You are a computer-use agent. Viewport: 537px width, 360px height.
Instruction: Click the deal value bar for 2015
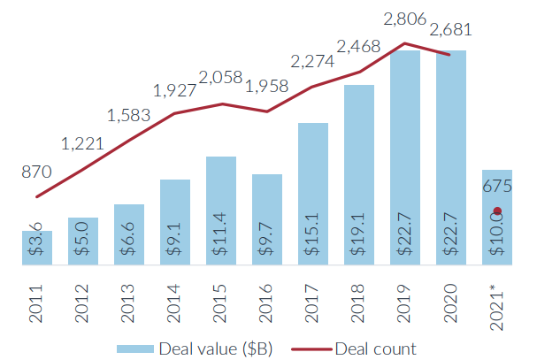pyautogui.click(x=221, y=211)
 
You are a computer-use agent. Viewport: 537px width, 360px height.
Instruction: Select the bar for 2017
pyautogui.click(x=313, y=193)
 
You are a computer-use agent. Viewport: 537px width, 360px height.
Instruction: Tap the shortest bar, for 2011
pyautogui.click(x=37, y=247)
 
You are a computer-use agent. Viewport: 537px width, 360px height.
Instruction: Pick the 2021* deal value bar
pyautogui.click(x=497, y=217)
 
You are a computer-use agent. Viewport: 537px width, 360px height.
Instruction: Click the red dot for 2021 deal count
pyautogui.click(x=497, y=211)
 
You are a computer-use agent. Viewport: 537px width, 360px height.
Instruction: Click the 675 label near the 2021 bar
pyautogui.click(x=497, y=186)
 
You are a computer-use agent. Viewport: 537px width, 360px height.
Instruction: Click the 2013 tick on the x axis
pyautogui.click(x=129, y=300)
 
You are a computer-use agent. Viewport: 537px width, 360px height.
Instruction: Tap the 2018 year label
pyautogui.click(x=359, y=300)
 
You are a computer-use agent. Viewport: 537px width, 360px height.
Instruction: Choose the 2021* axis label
pyautogui.click(x=497, y=303)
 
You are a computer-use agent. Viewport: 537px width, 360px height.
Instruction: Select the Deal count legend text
pyautogui.click(x=375, y=349)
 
